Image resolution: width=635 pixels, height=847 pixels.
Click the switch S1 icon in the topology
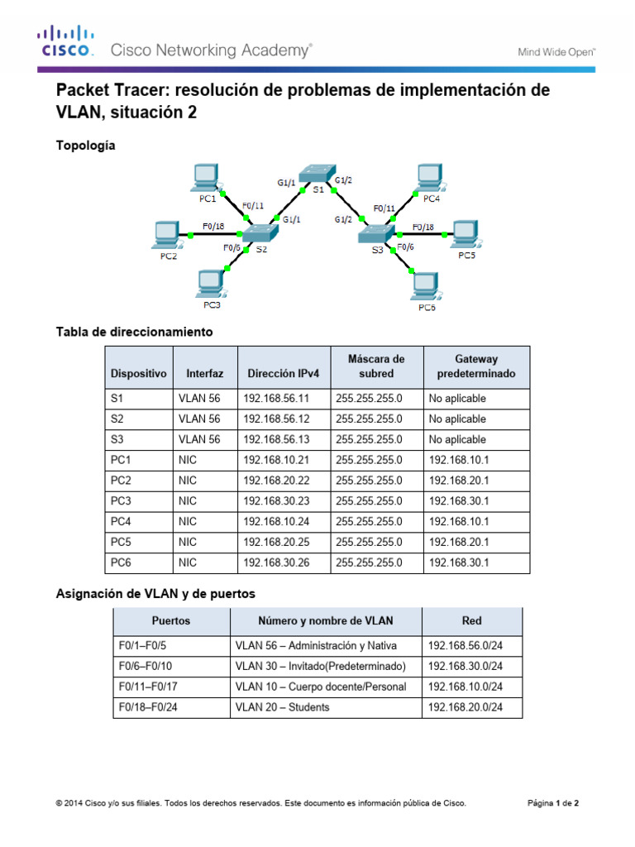point(318,174)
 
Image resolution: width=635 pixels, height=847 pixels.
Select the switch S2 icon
point(261,233)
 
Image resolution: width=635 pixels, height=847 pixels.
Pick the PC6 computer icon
point(425,286)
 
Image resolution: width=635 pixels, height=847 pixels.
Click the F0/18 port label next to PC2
point(213,225)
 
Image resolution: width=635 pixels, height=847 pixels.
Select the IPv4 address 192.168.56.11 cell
point(283,398)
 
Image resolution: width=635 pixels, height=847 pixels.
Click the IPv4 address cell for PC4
point(283,521)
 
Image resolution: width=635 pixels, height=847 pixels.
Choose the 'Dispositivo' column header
point(138,373)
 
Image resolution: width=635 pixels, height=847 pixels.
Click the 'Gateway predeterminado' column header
point(475,366)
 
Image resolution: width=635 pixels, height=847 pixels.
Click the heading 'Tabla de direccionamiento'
point(134,332)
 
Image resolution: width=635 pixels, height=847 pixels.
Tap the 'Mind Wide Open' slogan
point(556,51)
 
